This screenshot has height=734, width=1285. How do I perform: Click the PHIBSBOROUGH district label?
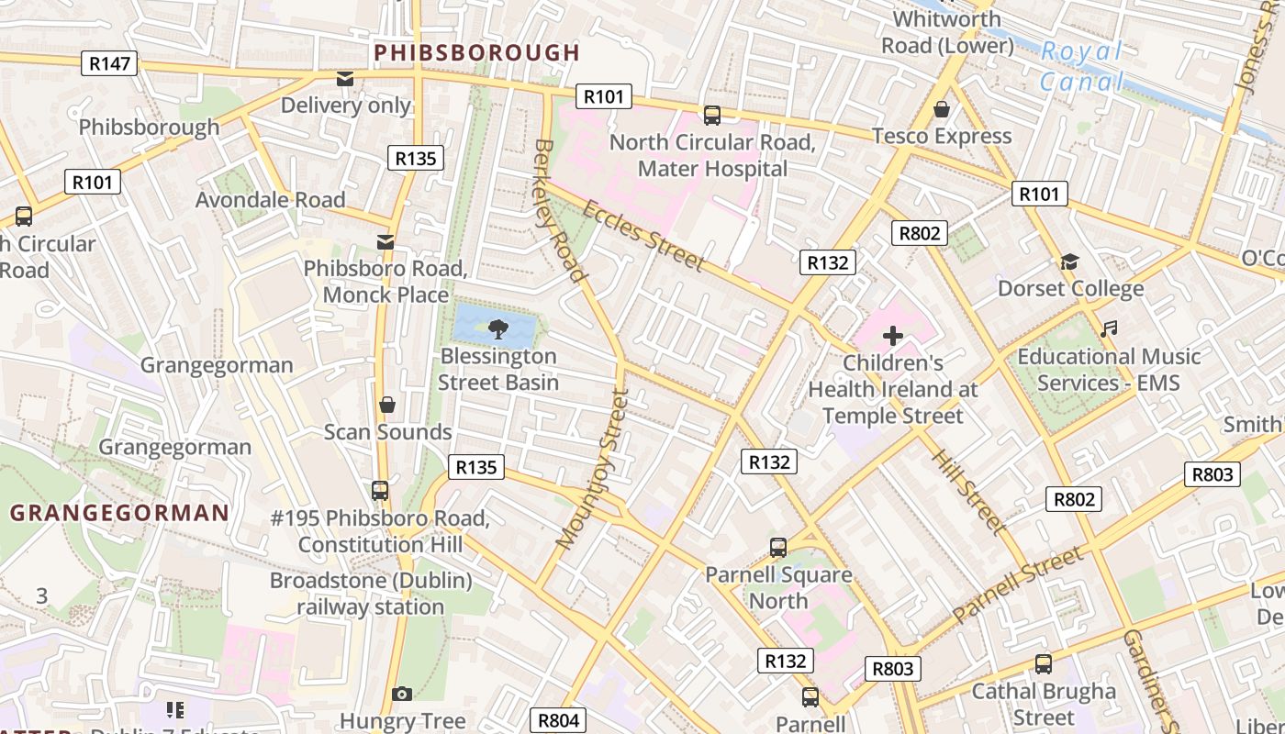tap(477, 52)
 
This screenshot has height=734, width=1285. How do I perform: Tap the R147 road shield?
tap(110, 63)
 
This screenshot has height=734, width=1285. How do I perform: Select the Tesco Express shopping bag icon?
tap(941, 109)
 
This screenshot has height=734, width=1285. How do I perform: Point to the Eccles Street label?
tap(642, 236)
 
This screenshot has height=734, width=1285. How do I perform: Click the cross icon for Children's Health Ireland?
tap(892, 336)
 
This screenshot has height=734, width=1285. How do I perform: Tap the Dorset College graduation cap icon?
tap(1069, 262)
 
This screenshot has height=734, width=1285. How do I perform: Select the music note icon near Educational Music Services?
tap(1109, 328)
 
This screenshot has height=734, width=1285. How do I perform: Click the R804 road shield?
tap(558, 720)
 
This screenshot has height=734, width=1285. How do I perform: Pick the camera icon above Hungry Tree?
tap(401, 694)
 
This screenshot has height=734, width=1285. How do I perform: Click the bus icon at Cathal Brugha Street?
tap(1043, 663)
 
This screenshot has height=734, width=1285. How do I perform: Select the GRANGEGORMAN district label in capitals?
tap(119, 513)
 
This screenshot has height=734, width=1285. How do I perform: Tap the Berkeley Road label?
tap(559, 210)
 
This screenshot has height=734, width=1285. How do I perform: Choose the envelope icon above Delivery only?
tap(345, 79)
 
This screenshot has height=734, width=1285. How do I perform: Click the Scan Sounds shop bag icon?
tap(387, 405)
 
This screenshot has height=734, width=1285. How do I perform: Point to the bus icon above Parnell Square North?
tap(778, 548)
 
